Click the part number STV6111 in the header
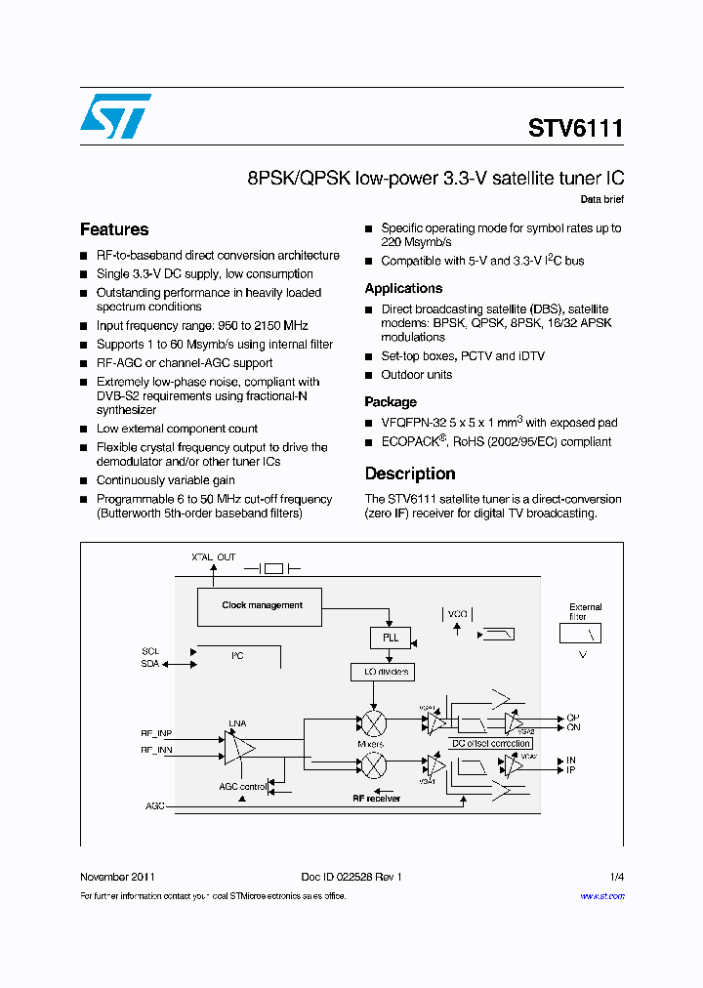pos(575,129)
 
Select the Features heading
pos(114,230)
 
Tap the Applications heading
pos(403,289)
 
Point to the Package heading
pos(391,402)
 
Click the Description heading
pos(410,474)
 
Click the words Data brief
pos(601,200)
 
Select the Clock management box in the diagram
pos(262,606)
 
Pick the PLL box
pos(390,638)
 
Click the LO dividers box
pos(382,672)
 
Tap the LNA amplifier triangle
pos(238,747)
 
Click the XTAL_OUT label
pos(214,557)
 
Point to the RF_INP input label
pos(156,733)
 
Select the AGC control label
pos(242,786)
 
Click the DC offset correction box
pos(491,744)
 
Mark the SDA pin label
pos(149,664)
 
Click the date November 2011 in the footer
pos(116,877)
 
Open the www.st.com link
pos(601,896)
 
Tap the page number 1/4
pos(616,877)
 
